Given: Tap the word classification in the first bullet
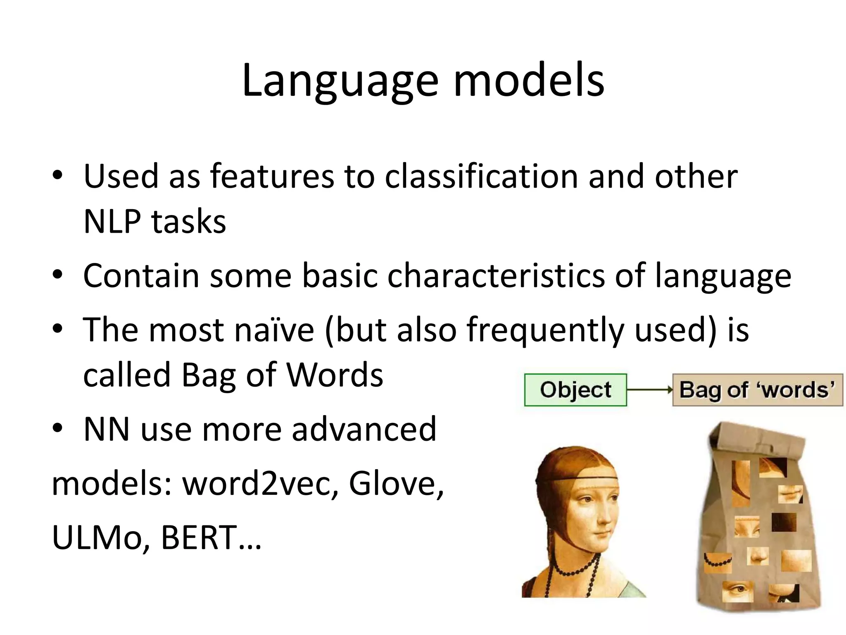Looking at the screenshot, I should tap(482, 177).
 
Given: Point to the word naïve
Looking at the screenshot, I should tap(274, 330).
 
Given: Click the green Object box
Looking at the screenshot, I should tap(575, 390).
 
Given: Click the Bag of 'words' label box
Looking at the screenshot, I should tap(757, 390).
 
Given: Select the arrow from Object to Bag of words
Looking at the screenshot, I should tap(649, 390).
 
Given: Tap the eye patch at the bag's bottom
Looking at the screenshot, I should tap(738, 591).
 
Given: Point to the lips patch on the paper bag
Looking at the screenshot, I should tap(790, 494).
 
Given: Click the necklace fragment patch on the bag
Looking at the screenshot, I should tap(718, 562).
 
